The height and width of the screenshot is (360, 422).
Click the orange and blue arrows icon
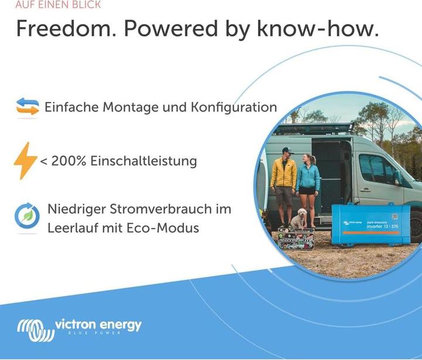pos(28,107)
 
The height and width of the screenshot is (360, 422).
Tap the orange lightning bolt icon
pos(25,160)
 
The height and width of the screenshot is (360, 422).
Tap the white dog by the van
pos(300,219)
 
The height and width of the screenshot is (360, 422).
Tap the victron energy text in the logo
pos(98,324)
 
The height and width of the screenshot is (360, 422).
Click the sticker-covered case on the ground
pos(296,239)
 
